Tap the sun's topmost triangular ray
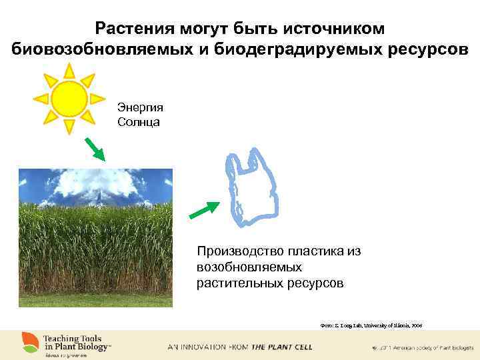[69, 69]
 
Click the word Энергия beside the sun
[140, 107]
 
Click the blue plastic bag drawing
[250, 187]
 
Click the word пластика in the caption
[315, 251]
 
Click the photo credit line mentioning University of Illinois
[371, 325]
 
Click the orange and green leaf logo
[29, 343]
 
